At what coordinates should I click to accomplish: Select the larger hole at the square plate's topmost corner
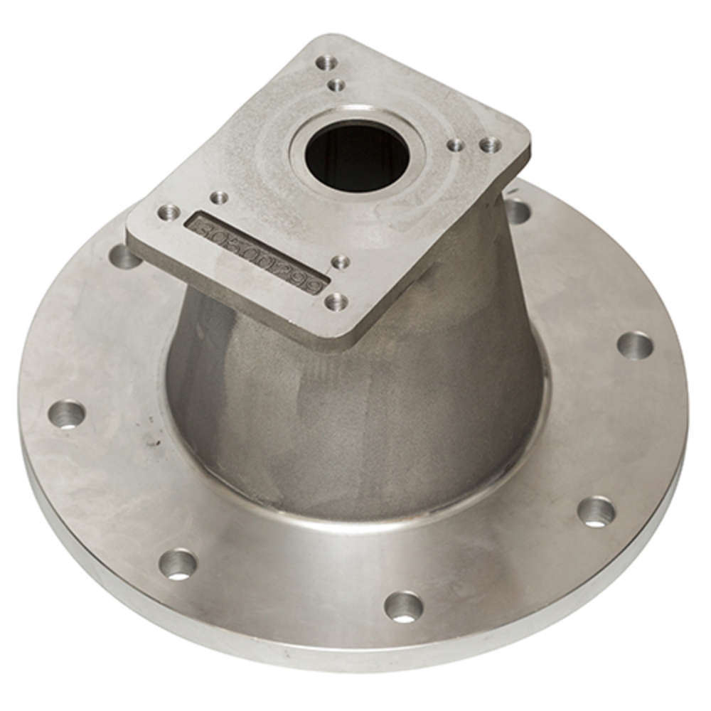point(326,63)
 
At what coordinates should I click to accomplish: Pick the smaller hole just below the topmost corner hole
point(337,86)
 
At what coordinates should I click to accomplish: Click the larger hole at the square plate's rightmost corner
point(490,145)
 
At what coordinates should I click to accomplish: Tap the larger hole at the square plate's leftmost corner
point(169,211)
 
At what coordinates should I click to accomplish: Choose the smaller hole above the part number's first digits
point(220,197)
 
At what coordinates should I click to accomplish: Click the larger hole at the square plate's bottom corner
point(336,302)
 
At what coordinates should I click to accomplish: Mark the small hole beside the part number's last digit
point(341,262)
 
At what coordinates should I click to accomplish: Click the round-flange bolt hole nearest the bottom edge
point(403,606)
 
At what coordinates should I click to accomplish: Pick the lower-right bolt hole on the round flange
point(595,511)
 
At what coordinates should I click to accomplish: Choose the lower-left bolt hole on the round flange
point(178,564)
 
